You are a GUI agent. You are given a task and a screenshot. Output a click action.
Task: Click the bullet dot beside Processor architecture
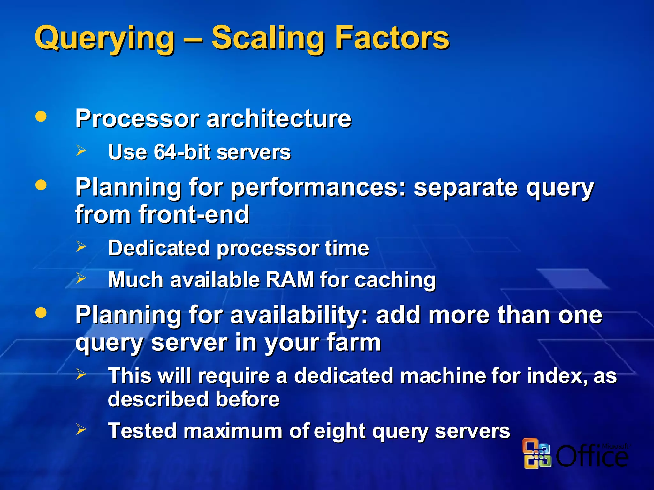click(x=41, y=116)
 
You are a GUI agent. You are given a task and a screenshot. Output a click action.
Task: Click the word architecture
click(x=279, y=119)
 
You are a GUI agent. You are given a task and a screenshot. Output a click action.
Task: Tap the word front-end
click(x=194, y=214)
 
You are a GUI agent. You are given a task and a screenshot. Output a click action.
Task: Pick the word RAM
click(x=290, y=280)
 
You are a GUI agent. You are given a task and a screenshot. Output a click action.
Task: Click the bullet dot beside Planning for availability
click(x=41, y=313)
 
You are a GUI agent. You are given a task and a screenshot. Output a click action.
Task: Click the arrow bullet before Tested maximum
click(x=81, y=429)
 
